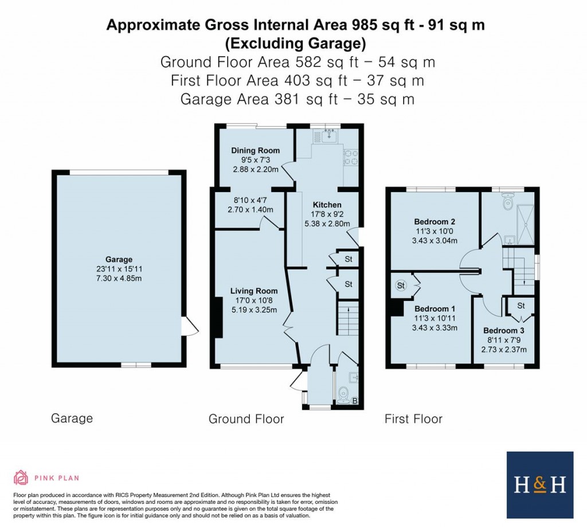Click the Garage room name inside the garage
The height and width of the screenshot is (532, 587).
click(119, 259)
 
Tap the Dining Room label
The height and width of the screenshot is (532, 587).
click(254, 150)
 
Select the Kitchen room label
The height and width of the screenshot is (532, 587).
click(327, 205)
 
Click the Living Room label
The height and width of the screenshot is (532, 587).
click(254, 291)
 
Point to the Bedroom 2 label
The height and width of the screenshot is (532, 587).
click(434, 221)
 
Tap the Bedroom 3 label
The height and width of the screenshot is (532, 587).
click(503, 331)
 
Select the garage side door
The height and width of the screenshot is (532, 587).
click(190, 327)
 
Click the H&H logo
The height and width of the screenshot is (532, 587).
click(540, 485)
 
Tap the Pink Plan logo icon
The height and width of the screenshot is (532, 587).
click(21, 478)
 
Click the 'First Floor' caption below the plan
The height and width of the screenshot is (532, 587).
click(413, 419)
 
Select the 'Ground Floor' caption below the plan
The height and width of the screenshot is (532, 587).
click(246, 419)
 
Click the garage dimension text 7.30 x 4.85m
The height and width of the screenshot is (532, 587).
click(119, 278)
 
